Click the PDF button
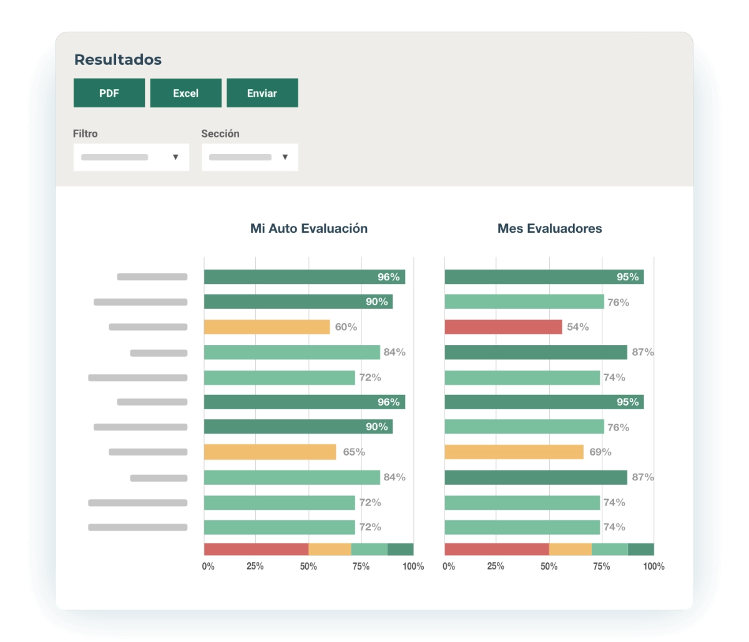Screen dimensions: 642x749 109,93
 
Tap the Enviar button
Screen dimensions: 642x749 262,93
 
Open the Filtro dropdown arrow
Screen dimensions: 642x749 175,157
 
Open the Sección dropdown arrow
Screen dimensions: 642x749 285,157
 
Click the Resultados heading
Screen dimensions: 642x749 118,60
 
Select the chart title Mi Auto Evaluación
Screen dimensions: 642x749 309,228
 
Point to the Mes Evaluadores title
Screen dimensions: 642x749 550,228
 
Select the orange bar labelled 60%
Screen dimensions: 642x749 267,327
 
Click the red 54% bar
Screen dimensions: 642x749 503,327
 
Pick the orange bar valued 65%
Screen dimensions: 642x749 270,452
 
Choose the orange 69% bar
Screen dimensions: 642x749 514,452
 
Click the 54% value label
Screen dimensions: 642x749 578,327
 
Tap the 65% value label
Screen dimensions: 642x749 354,452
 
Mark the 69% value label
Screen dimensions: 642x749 600,452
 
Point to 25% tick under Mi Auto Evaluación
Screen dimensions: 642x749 255,567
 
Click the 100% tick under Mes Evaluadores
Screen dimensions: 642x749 654,567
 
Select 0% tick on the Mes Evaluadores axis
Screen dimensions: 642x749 449,567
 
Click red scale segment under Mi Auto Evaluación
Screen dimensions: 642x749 256,549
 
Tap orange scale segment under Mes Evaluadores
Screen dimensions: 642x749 570,549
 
